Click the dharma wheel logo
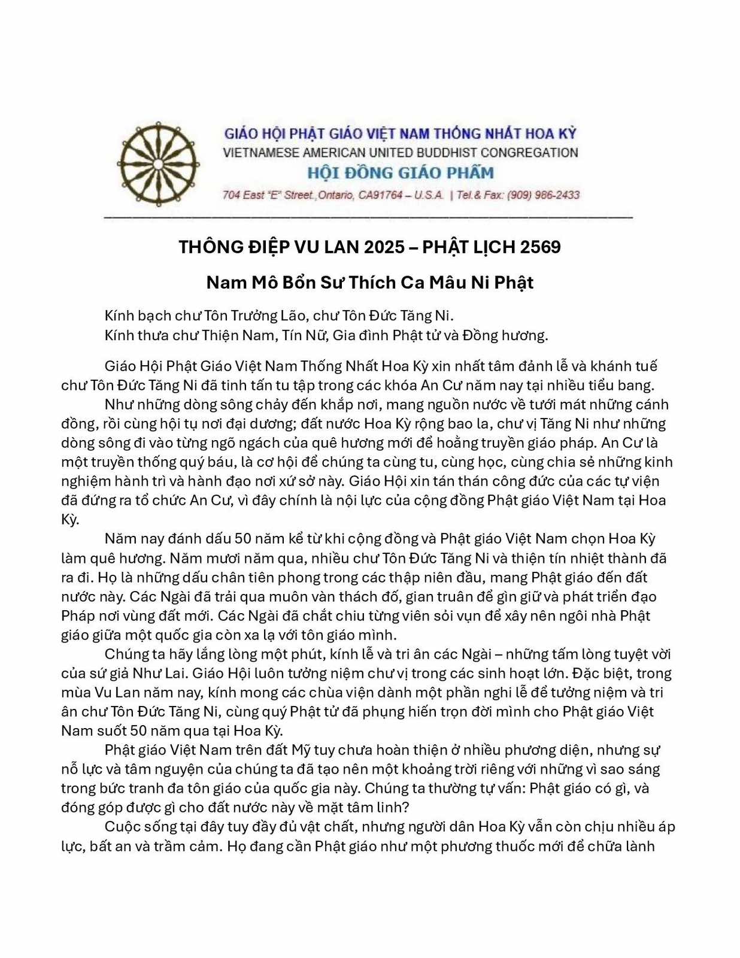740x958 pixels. click(157, 164)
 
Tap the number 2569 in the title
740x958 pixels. click(541, 247)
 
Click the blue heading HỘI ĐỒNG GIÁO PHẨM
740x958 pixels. click(401, 172)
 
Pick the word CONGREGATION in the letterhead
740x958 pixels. click(529, 153)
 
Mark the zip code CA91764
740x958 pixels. click(380, 195)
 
